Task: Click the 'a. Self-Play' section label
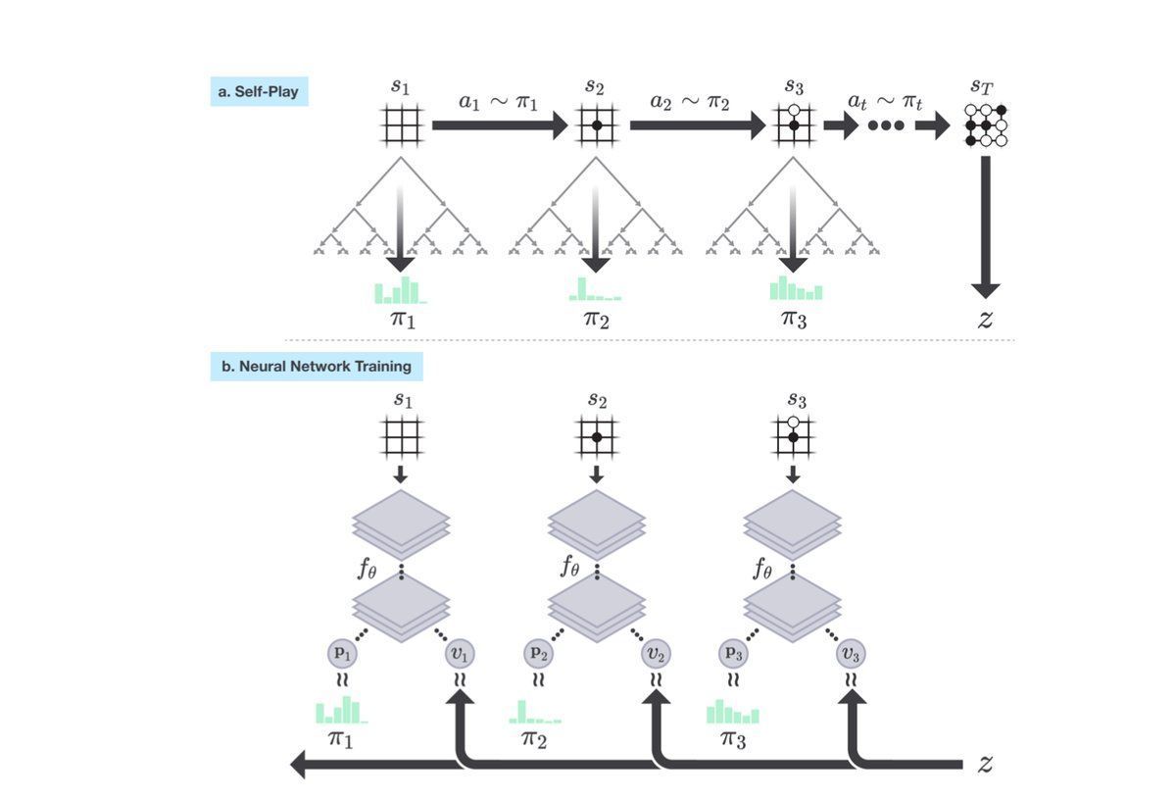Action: click(259, 91)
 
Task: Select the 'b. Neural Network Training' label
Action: click(317, 367)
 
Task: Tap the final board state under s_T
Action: click(986, 125)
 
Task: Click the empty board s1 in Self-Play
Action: click(402, 125)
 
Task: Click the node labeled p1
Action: click(342, 653)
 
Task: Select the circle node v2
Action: click(656, 654)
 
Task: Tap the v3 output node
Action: click(851, 654)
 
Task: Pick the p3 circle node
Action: click(734, 653)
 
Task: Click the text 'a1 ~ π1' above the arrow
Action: click(498, 101)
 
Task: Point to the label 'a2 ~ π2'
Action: click(689, 101)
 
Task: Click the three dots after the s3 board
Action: click(886, 125)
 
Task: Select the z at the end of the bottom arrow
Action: click(986, 763)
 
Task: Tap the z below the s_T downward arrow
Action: click(986, 320)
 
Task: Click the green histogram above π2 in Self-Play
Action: click(595, 289)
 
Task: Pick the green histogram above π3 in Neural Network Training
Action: click(733, 712)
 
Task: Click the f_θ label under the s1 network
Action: click(367, 570)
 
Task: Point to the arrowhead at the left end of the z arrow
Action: click(298, 765)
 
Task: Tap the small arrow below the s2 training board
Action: click(597, 474)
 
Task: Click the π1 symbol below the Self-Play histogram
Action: click(403, 320)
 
